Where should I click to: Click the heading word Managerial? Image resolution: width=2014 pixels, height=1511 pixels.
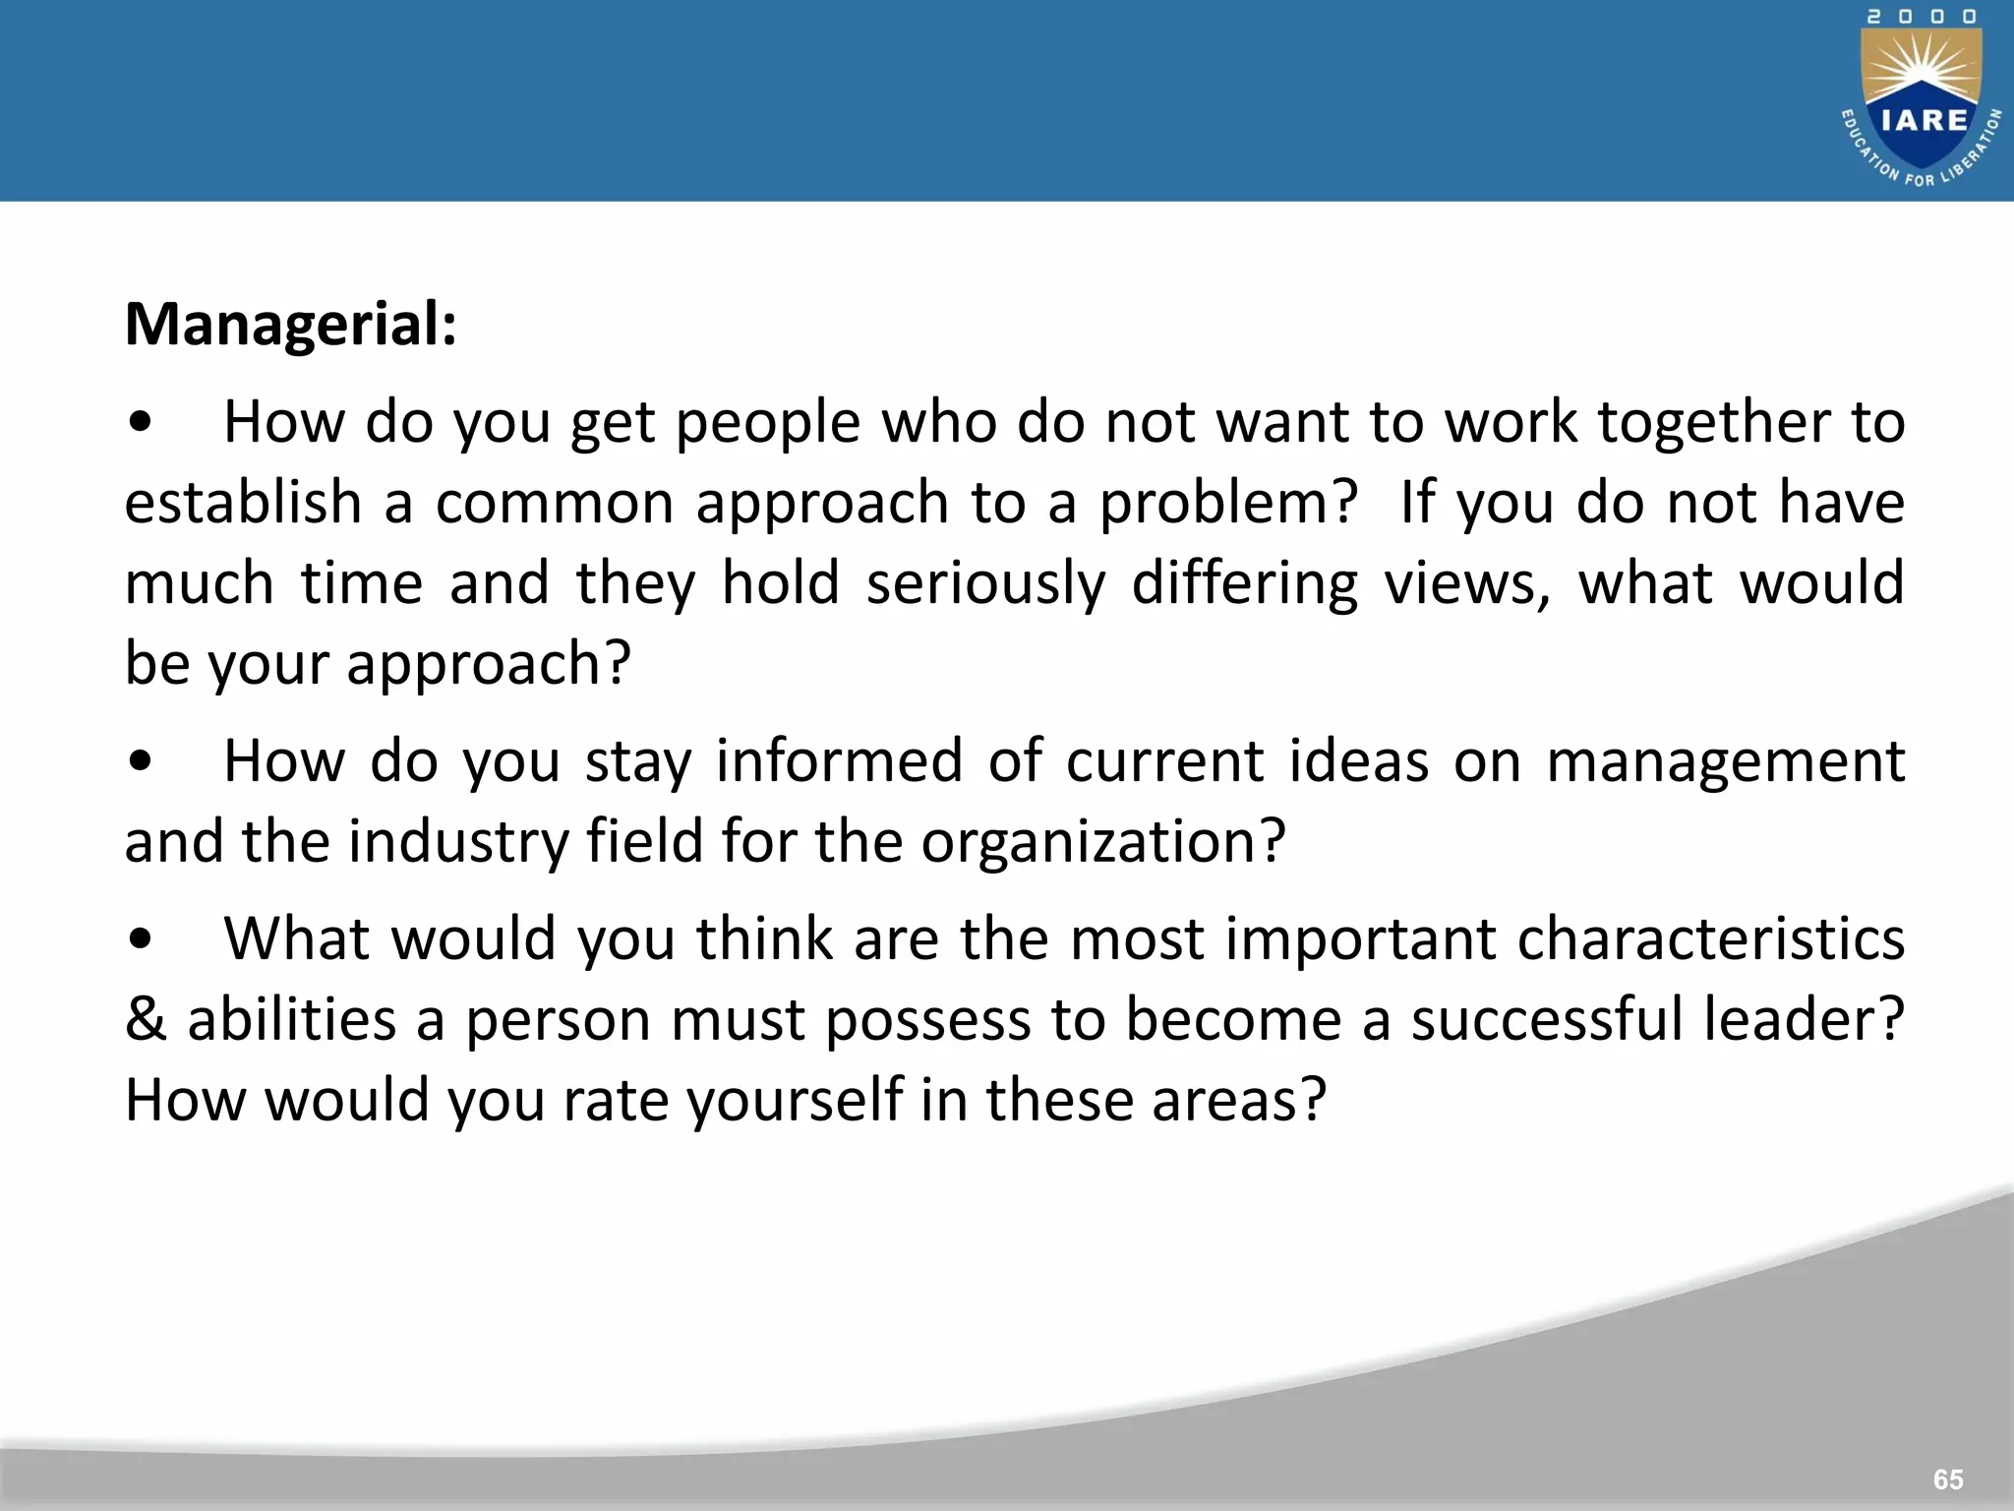(x=291, y=325)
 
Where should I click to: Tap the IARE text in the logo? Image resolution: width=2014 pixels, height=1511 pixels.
(x=1925, y=120)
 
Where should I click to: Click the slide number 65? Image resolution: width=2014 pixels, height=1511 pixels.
(x=1948, y=1480)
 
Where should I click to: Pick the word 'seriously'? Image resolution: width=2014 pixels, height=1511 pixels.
(x=985, y=583)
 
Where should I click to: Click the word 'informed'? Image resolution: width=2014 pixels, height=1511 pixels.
(x=839, y=761)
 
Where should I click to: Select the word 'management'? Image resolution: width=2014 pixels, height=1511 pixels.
(x=1726, y=763)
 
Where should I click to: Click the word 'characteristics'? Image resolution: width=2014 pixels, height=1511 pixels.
(x=1711, y=938)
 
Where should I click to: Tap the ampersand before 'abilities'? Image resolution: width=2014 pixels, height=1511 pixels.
(x=146, y=1019)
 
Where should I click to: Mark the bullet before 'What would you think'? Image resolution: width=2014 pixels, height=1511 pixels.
(x=141, y=939)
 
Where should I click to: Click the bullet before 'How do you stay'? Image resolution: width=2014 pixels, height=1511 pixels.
(x=141, y=761)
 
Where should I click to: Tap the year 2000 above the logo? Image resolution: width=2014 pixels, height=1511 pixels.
(x=1922, y=17)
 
